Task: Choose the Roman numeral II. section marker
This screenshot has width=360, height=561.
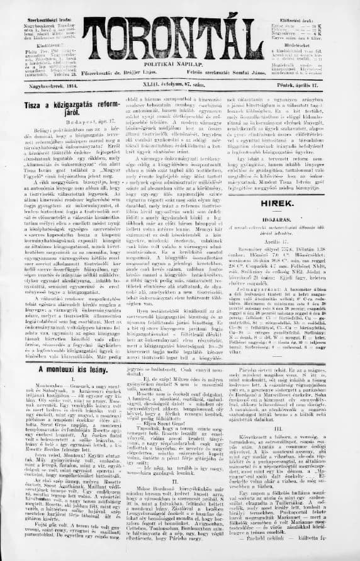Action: click(x=181, y=463)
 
